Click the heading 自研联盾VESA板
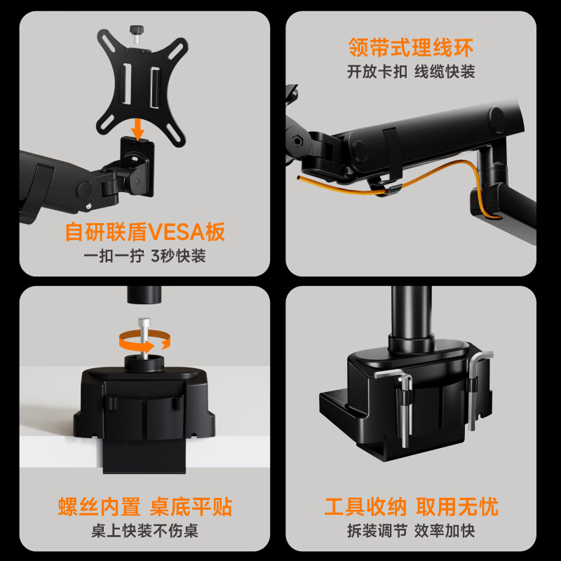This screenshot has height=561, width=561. [145, 231]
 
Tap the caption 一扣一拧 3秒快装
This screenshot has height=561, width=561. [145, 256]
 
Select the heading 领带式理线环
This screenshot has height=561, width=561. [411, 48]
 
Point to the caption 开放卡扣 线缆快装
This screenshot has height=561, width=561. [411, 72]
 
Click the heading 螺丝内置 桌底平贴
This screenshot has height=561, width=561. [145, 507]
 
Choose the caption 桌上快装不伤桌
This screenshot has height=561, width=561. [145, 532]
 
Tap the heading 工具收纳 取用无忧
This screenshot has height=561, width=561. [411, 507]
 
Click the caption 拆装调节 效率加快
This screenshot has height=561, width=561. [411, 532]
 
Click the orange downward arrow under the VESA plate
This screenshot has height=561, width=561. [139, 127]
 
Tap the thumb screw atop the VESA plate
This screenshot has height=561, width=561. [135, 32]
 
